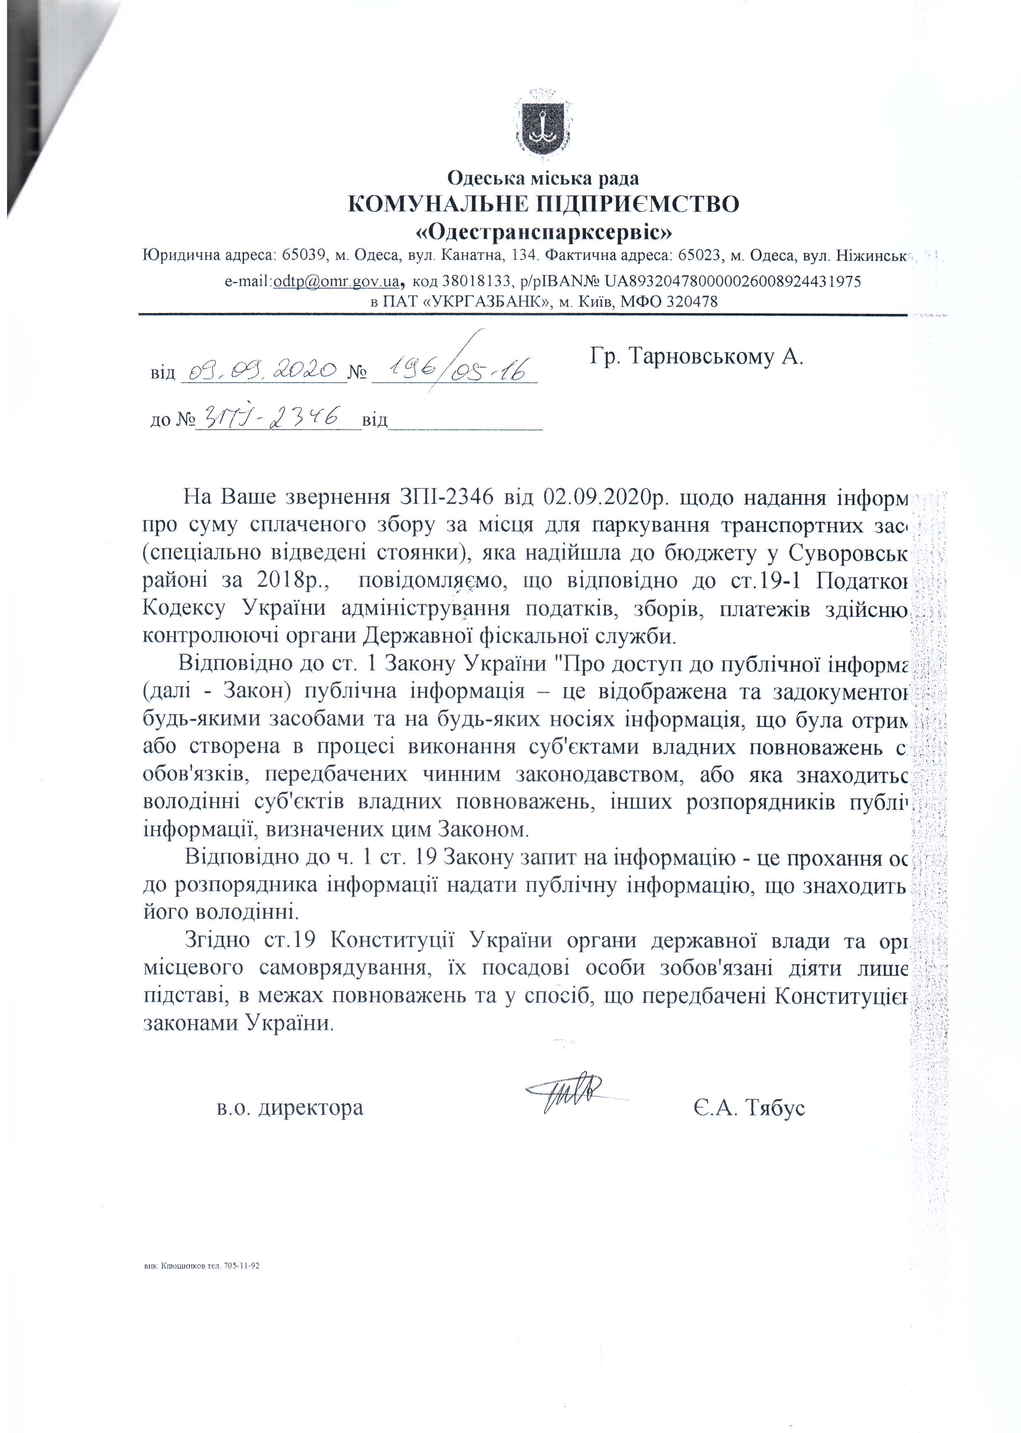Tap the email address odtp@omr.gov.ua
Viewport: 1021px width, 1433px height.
pyautogui.click(x=336, y=281)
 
